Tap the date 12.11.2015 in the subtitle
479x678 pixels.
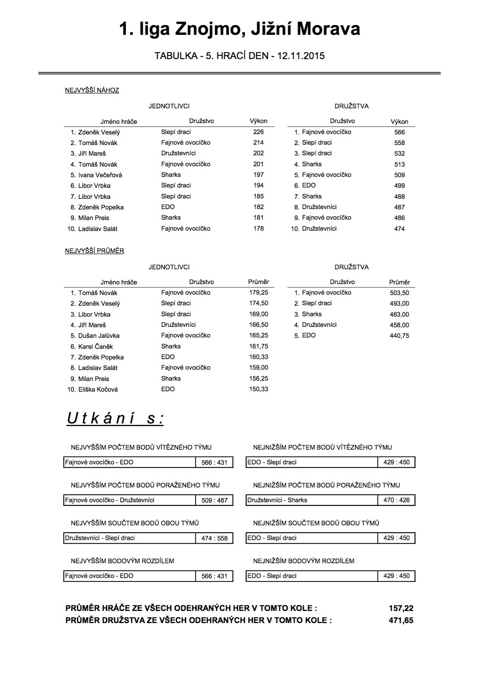pyautogui.click(x=301, y=56)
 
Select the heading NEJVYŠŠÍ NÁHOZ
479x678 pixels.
pyautogui.click(x=92, y=90)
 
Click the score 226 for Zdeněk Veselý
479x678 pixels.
pyautogui.click(x=258, y=132)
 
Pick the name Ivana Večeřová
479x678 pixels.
pyautogui.click(x=100, y=175)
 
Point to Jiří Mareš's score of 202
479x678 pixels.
pyautogui.click(x=258, y=153)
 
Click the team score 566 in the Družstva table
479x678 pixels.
pyautogui.click(x=399, y=132)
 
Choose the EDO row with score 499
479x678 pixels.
pyautogui.click(x=309, y=185)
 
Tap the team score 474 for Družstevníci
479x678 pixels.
pyautogui.click(x=399, y=229)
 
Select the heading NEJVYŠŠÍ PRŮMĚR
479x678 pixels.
pyautogui.click(x=95, y=251)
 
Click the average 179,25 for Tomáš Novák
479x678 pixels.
pyautogui.click(x=259, y=292)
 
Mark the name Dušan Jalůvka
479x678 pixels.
pyautogui.click(x=99, y=336)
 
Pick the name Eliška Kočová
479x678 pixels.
pyautogui.click(x=98, y=389)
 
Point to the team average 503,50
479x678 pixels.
pyautogui.click(x=399, y=293)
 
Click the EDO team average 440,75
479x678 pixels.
pyautogui.click(x=399, y=336)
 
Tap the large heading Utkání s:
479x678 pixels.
pyautogui.click(x=115, y=419)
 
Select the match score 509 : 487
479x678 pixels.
pyautogui.click(x=214, y=500)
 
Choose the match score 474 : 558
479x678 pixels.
pyautogui.click(x=214, y=538)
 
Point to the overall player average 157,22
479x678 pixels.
pyautogui.click(x=401, y=608)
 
